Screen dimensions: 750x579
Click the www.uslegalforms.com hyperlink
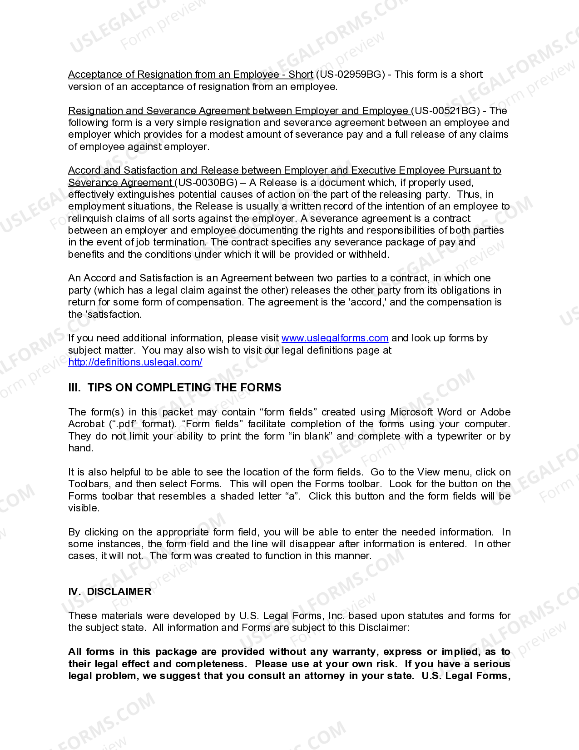click(335, 338)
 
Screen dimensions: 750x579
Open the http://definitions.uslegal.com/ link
click(135, 362)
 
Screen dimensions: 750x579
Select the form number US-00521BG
click(445, 111)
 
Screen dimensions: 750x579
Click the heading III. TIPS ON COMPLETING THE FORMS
click(175, 388)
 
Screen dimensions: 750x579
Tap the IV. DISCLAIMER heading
click(110, 592)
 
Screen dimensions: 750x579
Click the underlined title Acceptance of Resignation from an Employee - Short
click(191, 75)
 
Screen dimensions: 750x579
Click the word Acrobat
click(86, 424)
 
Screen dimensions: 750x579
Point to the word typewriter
click(460, 436)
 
